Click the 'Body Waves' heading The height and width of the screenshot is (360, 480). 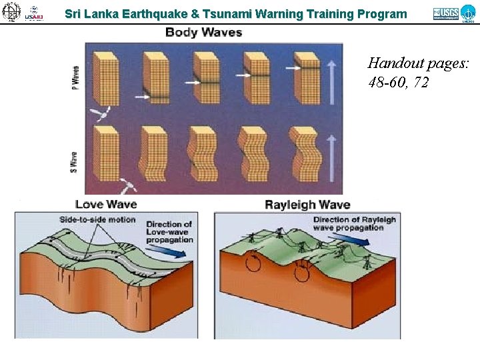(203, 32)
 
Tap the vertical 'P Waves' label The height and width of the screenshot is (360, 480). (75, 79)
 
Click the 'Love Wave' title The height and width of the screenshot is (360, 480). (107, 204)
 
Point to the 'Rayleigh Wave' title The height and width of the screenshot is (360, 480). (307, 204)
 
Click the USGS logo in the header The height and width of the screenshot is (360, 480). (445, 13)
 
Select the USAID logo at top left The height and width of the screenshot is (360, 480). (34, 13)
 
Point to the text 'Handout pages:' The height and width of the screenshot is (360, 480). (418, 64)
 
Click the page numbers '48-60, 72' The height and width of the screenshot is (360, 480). (397, 83)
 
